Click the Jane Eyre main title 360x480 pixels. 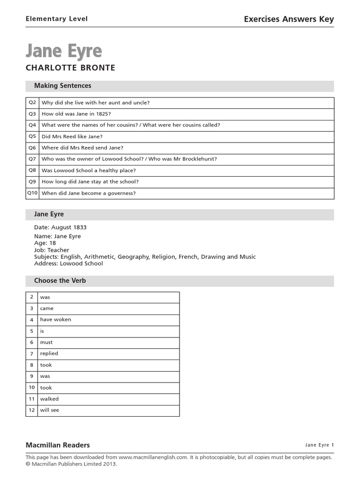pos(64,51)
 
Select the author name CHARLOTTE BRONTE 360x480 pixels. pos(70,68)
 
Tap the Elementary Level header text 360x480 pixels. pos(56,19)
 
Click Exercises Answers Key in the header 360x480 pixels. pos(289,19)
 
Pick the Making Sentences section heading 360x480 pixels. pos(62,86)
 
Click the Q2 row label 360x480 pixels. pos(32,103)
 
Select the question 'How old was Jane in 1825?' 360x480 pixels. pos(76,114)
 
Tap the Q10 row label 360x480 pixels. pos(32,193)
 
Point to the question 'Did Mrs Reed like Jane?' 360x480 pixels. pos(72,136)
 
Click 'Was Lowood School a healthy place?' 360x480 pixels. pos(89,171)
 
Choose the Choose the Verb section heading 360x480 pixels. pos(60,281)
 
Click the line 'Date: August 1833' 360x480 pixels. pos(60,227)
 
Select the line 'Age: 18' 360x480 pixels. pos(45,243)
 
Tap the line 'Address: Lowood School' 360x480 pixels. pos(68,263)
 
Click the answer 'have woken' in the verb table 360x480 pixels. pos(55,320)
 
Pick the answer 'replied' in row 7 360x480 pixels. pos(49,353)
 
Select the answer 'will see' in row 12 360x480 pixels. pos(49,410)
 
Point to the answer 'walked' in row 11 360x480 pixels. pos(49,399)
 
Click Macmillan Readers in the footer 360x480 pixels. pos(58,445)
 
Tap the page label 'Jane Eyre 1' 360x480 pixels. pos(319,445)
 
